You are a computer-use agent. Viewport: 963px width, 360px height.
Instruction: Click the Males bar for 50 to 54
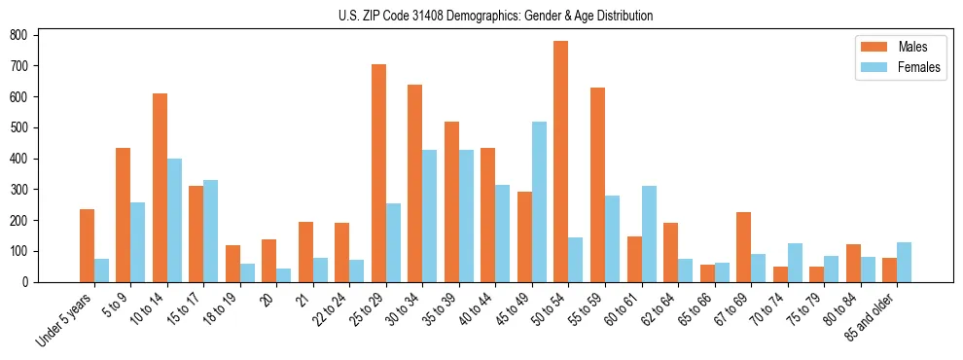[561, 162]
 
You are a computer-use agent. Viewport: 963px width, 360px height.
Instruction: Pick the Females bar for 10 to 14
[174, 220]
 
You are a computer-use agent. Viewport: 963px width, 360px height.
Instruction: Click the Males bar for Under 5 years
[87, 245]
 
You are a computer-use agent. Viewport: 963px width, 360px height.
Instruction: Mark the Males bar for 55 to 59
[597, 185]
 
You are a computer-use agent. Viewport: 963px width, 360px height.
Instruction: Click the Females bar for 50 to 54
[576, 260]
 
